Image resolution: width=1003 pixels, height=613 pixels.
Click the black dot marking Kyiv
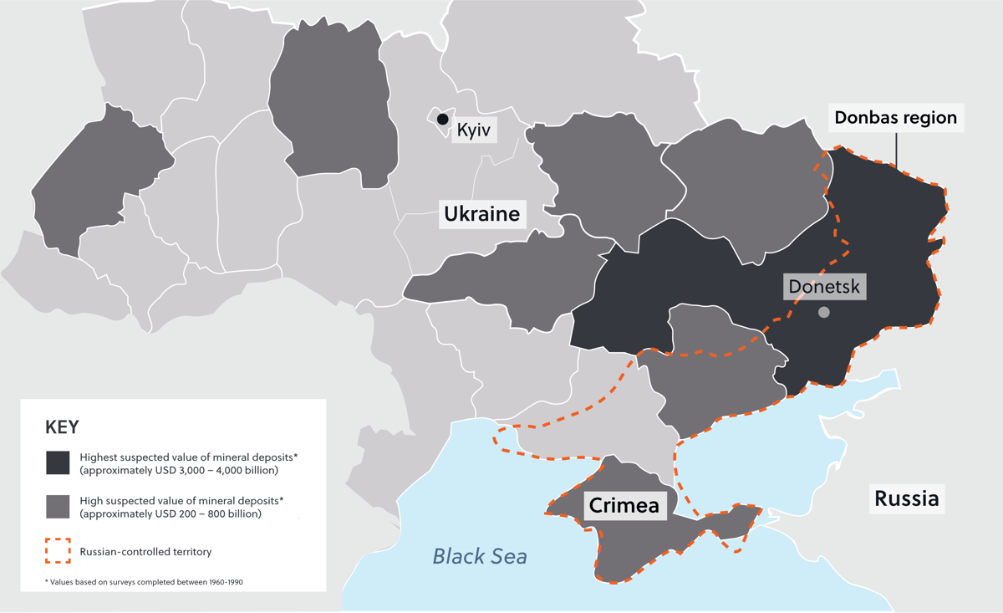pos(442,120)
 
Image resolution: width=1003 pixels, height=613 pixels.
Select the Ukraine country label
pos(481,214)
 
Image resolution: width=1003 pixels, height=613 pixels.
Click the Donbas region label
pos(895,117)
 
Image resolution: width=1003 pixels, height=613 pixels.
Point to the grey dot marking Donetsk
pos(824,312)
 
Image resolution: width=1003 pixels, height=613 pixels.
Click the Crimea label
pos(624,505)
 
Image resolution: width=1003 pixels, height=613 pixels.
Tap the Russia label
pos(906,499)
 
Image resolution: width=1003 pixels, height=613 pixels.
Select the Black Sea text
pos(480,555)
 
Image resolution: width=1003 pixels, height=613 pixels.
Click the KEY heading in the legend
pos(62,427)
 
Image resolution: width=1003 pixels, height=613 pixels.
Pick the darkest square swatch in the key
pos(58,462)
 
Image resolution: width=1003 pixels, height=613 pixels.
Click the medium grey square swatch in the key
pos(58,507)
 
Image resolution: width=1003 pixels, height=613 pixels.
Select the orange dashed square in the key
pos(58,551)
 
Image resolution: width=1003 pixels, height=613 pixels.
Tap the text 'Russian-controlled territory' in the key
pos(145,552)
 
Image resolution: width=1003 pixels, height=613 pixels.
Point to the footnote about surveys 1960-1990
pos(144,581)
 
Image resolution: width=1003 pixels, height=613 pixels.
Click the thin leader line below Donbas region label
pos(896,151)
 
